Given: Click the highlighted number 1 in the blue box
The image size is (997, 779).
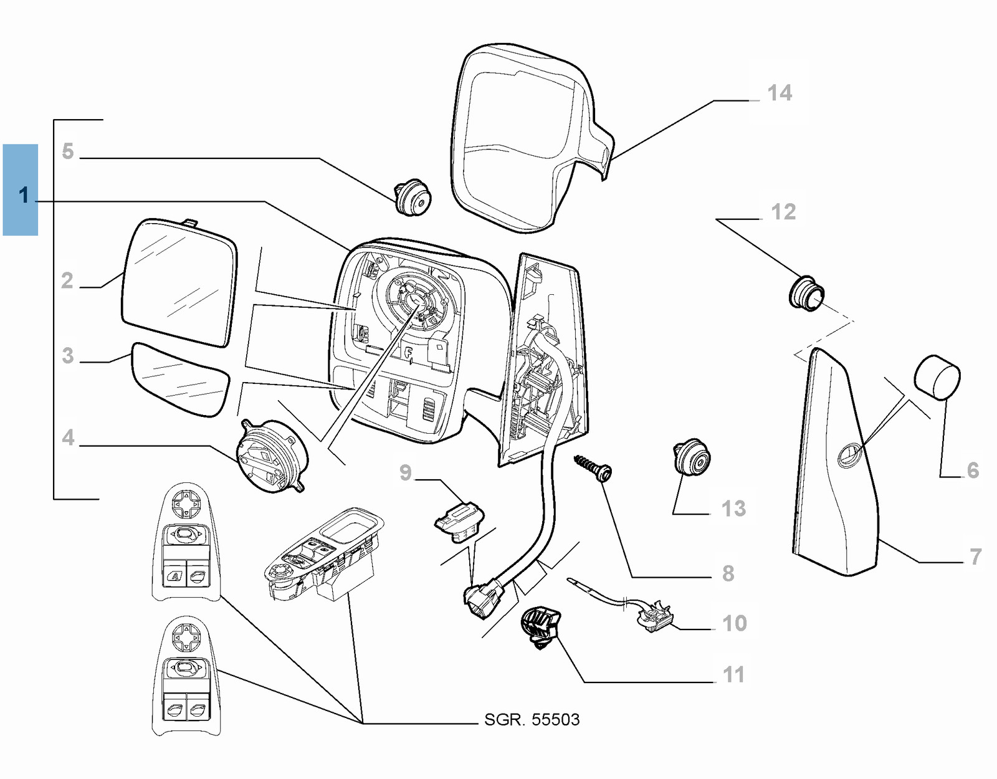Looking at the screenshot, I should click(x=24, y=195).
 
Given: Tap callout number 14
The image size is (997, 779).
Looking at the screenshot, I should click(x=780, y=93).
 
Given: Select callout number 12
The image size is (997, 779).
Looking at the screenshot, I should click(x=783, y=212).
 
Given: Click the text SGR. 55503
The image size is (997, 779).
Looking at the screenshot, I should click(x=532, y=720).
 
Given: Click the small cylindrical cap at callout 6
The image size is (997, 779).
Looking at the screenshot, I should click(x=937, y=376).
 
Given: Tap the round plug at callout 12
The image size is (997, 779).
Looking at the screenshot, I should click(x=807, y=294).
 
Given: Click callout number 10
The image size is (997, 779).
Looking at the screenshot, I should click(x=734, y=623).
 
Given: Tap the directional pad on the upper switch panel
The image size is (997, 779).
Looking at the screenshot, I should click(x=186, y=504).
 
